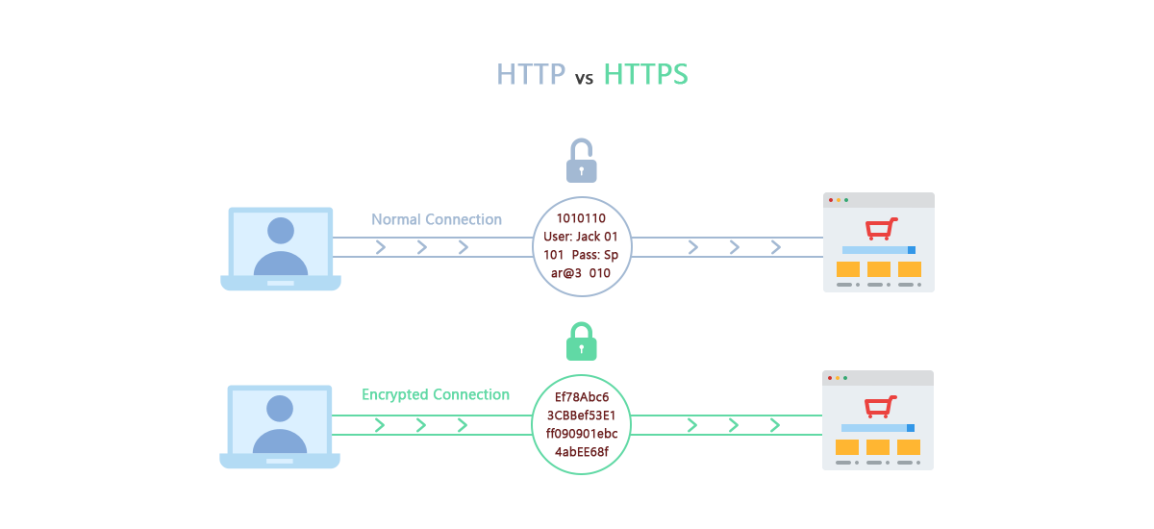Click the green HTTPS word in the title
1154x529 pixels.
(646, 75)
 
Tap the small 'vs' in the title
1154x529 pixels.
(584, 79)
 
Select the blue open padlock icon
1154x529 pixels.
(581, 161)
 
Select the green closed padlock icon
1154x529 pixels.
(581, 341)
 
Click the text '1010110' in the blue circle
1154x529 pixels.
(581, 218)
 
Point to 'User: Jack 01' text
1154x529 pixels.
(581, 237)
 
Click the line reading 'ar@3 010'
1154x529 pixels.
(581, 273)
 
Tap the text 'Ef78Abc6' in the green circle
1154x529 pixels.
(582, 397)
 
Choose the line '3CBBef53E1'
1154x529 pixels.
(581, 416)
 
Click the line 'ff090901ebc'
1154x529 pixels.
(581, 434)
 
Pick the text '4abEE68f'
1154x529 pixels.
(582, 452)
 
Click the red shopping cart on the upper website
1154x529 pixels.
(881, 229)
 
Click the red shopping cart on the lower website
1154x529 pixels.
(880, 408)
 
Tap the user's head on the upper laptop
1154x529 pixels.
(281, 230)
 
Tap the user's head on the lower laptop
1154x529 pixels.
(280, 408)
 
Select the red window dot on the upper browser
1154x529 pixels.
(830, 200)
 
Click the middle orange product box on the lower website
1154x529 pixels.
(878, 447)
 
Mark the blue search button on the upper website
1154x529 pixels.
(911, 250)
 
